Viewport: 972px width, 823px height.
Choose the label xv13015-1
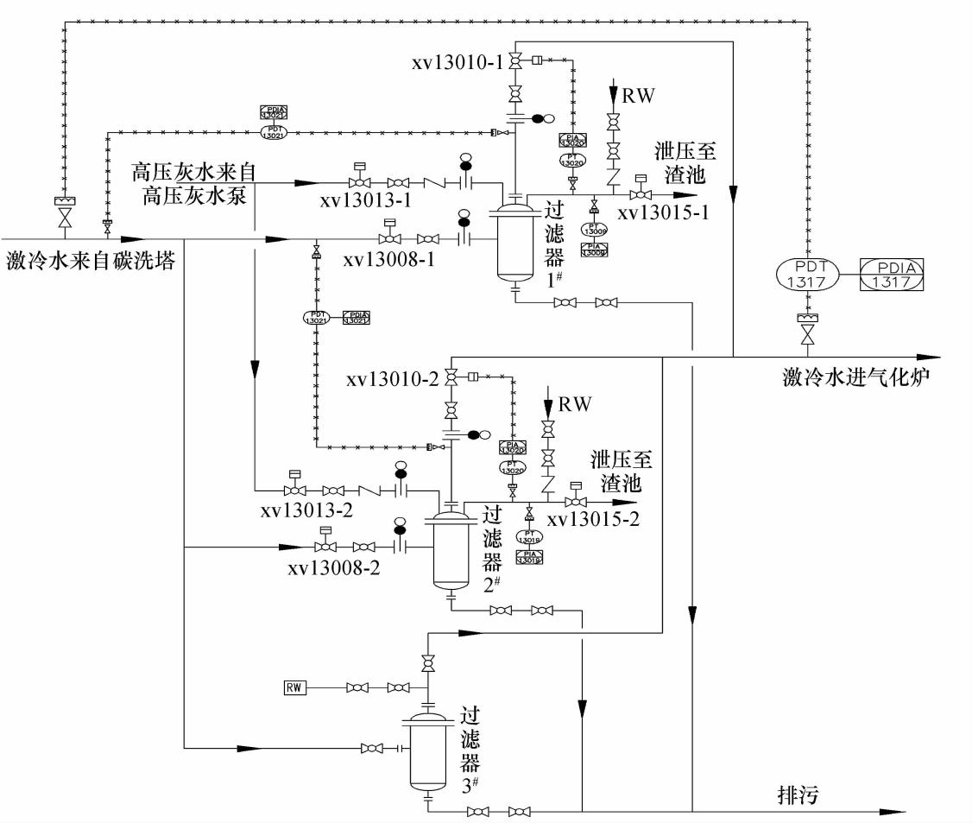[x=663, y=212]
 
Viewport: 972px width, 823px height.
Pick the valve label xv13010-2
[x=393, y=379]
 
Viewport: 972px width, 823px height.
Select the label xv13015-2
[x=594, y=520]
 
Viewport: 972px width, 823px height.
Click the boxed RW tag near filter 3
[x=295, y=687]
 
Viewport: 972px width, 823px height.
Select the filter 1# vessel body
[x=514, y=243]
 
